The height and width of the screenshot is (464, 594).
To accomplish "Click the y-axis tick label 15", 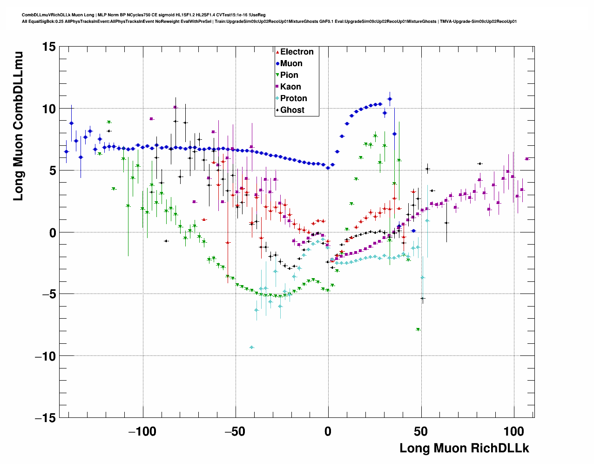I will click(x=48, y=47).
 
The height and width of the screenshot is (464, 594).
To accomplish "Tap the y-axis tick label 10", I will click(x=48, y=109).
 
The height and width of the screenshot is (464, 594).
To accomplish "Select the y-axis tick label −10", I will click(x=45, y=356).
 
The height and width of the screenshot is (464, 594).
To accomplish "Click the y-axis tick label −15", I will click(x=45, y=418).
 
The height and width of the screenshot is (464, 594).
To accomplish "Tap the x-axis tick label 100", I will click(x=514, y=431).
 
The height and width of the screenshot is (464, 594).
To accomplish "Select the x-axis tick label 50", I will click(x=421, y=431).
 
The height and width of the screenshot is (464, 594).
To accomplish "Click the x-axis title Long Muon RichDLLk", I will click(x=464, y=448).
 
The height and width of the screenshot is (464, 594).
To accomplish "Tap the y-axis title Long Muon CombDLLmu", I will click(x=18, y=126).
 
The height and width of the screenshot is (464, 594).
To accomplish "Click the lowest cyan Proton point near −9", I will click(x=252, y=348).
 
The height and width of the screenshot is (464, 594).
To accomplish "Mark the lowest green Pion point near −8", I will click(x=418, y=329).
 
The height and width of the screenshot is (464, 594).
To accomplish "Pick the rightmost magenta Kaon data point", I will click(x=527, y=159).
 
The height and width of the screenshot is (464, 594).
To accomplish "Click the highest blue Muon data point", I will click(x=390, y=99).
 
